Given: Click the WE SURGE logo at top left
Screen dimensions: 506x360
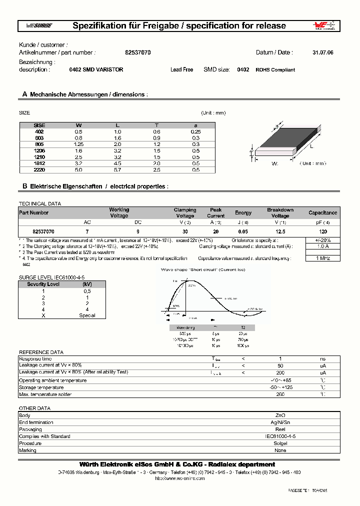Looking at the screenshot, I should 38,26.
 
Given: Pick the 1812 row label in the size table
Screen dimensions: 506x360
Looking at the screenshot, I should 39,162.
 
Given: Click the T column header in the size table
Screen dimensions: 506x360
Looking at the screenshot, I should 156,125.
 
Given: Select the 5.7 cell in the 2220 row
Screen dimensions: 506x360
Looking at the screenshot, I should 117,170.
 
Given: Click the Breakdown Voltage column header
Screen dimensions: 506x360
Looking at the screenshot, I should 280,213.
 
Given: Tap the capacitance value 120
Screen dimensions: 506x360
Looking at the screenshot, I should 323,231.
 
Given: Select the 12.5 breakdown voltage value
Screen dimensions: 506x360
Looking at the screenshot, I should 280,231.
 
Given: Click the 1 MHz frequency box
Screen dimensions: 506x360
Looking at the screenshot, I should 323,258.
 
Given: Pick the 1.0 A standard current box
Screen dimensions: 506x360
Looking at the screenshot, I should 323,246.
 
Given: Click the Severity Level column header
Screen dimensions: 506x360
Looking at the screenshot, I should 43,284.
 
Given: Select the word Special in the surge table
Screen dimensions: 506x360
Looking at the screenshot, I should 87,315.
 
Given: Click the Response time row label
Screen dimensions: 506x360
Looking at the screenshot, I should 35,359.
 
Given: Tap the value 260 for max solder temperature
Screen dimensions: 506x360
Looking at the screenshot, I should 280,394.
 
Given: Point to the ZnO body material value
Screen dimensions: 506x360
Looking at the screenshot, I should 280,415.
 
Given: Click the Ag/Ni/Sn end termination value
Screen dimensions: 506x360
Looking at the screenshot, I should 280,422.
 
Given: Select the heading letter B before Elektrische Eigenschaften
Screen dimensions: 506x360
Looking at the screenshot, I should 24,186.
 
